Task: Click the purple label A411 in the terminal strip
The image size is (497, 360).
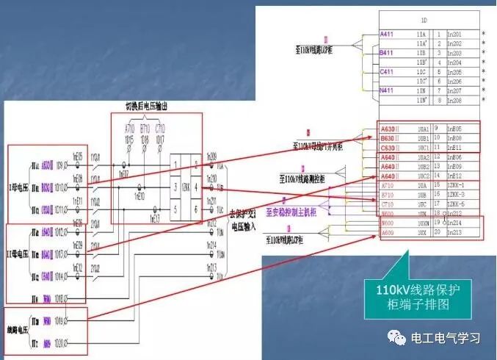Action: pyautogui.click(x=387, y=35)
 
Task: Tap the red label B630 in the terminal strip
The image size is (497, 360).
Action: pyautogui.click(x=388, y=137)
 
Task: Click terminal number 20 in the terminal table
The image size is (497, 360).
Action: pyautogui.click(x=438, y=232)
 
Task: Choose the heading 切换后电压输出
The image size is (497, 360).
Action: pyautogui.click(x=156, y=107)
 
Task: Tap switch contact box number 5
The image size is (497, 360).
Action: pyautogui.click(x=176, y=209)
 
